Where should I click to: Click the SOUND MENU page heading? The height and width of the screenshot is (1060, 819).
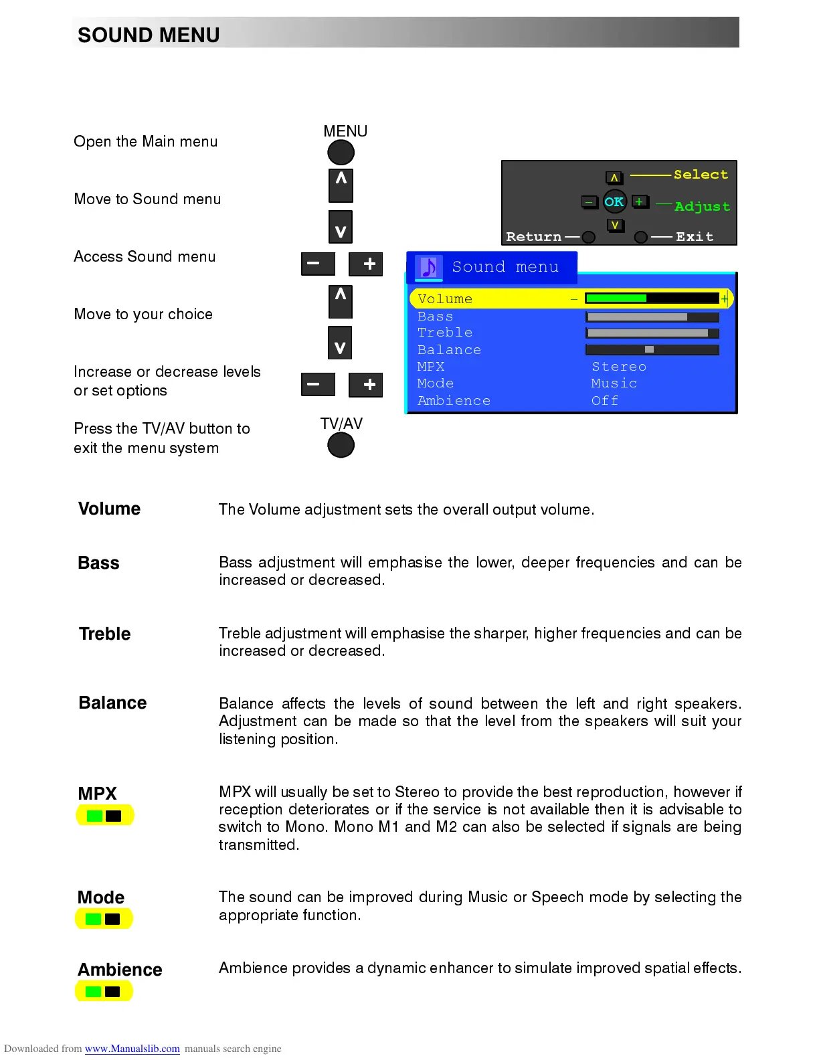pyautogui.click(x=149, y=35)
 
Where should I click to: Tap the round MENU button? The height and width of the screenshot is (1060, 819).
pyautogui.click(x=341, y=153)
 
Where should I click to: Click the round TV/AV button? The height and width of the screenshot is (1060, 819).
pyautogui.click(x=341, y=445)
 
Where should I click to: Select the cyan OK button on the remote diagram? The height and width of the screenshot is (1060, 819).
pyautogui.click(x=614, y=201)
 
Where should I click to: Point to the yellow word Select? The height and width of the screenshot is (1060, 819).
pyautogui.click(x=701, y=175)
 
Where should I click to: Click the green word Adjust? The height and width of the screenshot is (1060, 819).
pyautogui.click(x=702, y=207)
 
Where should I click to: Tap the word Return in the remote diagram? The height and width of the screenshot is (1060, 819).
pyautogui.click(x=533, y=237)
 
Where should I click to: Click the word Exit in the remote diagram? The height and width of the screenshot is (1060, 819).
pyautogui.click(x=695, y=237)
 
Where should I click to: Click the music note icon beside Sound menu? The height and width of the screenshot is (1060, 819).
pyautogui.click(x=429, y=267)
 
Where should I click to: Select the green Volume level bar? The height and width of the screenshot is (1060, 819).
pyautogui.click(x=616, y=298)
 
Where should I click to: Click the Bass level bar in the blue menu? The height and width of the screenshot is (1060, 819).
pyautogui.click(x=652, y=317)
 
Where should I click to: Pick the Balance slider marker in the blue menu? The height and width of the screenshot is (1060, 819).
pyautogui.click(x=649, y=349)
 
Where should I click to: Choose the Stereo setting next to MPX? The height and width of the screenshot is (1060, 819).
pyautogui.click(x=619, y=367)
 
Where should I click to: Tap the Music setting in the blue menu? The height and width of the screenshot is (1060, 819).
pyautogui.click(x=614, y=383)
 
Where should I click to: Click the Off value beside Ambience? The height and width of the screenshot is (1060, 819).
pyautogui.click(x=605, y=401)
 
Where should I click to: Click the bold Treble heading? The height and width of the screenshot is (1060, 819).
pyautogui.click(x=104, y=634)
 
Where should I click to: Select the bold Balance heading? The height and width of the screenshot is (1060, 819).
pyautogui.click(x=112, y=703)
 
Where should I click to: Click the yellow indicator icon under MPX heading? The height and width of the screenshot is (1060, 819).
pyautogui.click(x=104, y=815)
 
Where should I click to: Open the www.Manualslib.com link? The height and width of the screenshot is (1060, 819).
pyautogui.click(x=132, y=1049)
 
